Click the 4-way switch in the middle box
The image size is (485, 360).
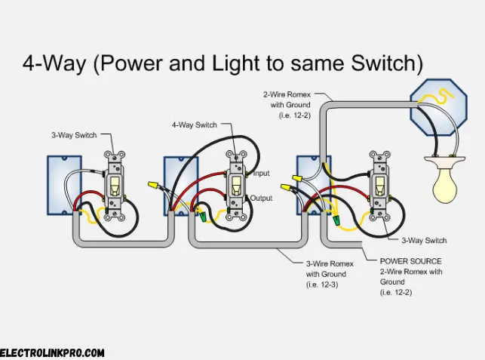[x=237, y=184]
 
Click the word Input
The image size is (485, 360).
[x=261, y=174]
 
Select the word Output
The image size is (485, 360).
[x=263, y=198]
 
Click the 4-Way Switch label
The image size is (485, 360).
[x=194, y=125]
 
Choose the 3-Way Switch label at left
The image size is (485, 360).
[x=73, y=135]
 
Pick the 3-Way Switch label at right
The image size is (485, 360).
[x=423, y=241]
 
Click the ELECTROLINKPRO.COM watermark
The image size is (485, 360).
[x=52, y=352]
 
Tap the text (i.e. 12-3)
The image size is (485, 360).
[x=324, y=285]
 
